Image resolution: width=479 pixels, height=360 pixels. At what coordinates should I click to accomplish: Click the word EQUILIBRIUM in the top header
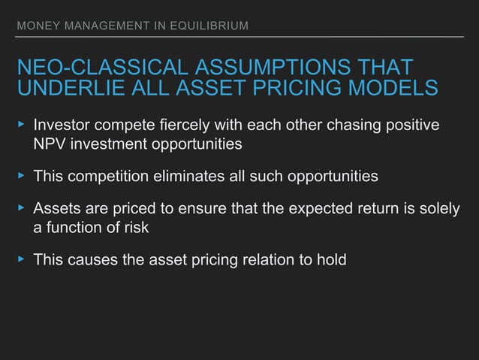209,28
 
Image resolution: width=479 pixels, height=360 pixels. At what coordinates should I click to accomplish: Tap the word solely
437,210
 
